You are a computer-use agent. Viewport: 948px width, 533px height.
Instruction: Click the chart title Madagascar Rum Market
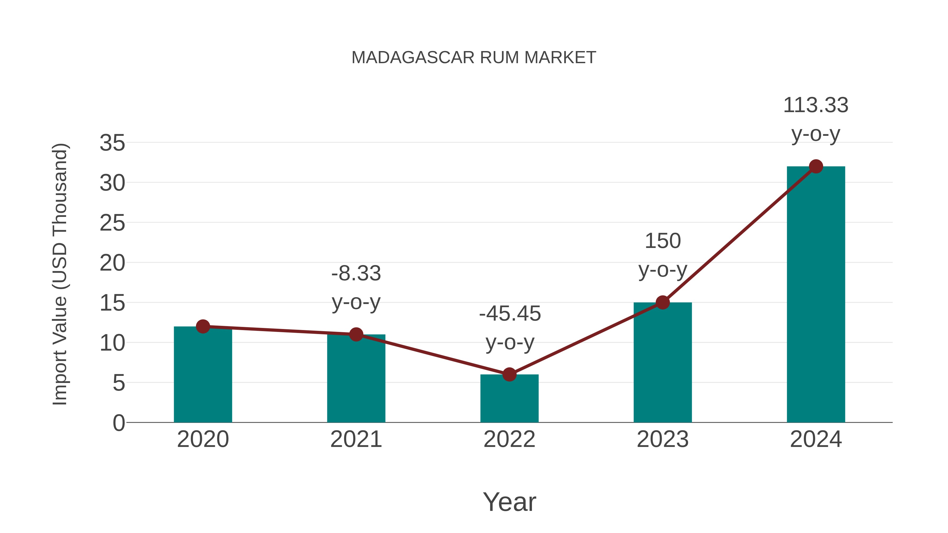474,58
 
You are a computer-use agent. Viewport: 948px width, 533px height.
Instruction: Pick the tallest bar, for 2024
816,294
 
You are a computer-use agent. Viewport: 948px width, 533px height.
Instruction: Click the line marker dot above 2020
203,326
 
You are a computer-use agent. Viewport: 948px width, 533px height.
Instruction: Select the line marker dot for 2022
509,375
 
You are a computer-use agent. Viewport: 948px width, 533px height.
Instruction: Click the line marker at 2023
663,302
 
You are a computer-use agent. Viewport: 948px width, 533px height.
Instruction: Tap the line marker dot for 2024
816,166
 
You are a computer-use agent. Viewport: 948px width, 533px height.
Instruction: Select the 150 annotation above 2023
663,241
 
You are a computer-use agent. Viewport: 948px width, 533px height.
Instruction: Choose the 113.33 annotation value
816,106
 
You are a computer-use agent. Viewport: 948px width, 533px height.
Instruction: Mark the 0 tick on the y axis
119,423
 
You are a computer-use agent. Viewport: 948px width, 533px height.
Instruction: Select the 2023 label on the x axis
663,439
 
